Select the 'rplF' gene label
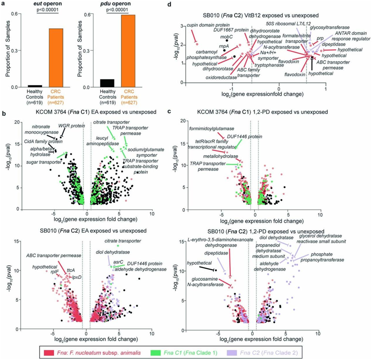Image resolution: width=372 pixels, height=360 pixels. point(56,270)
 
